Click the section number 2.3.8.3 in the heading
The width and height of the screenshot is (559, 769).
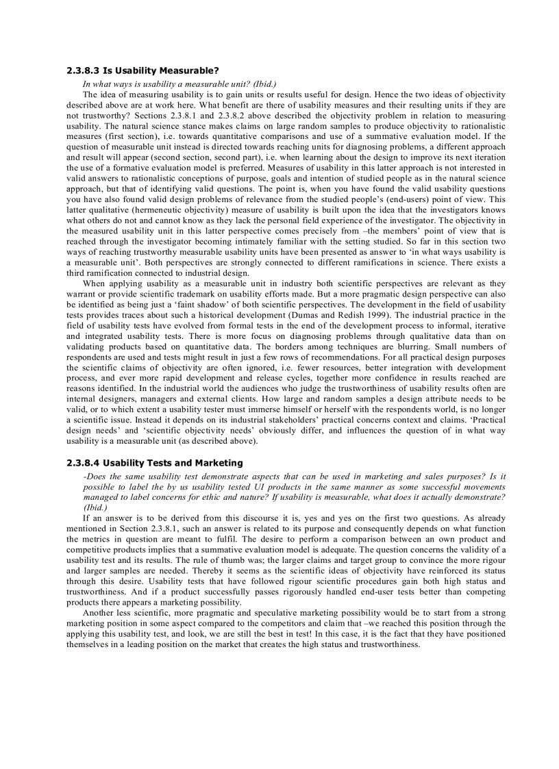tap(83, 71)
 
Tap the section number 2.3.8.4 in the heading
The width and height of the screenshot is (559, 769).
tap(83, 463)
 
